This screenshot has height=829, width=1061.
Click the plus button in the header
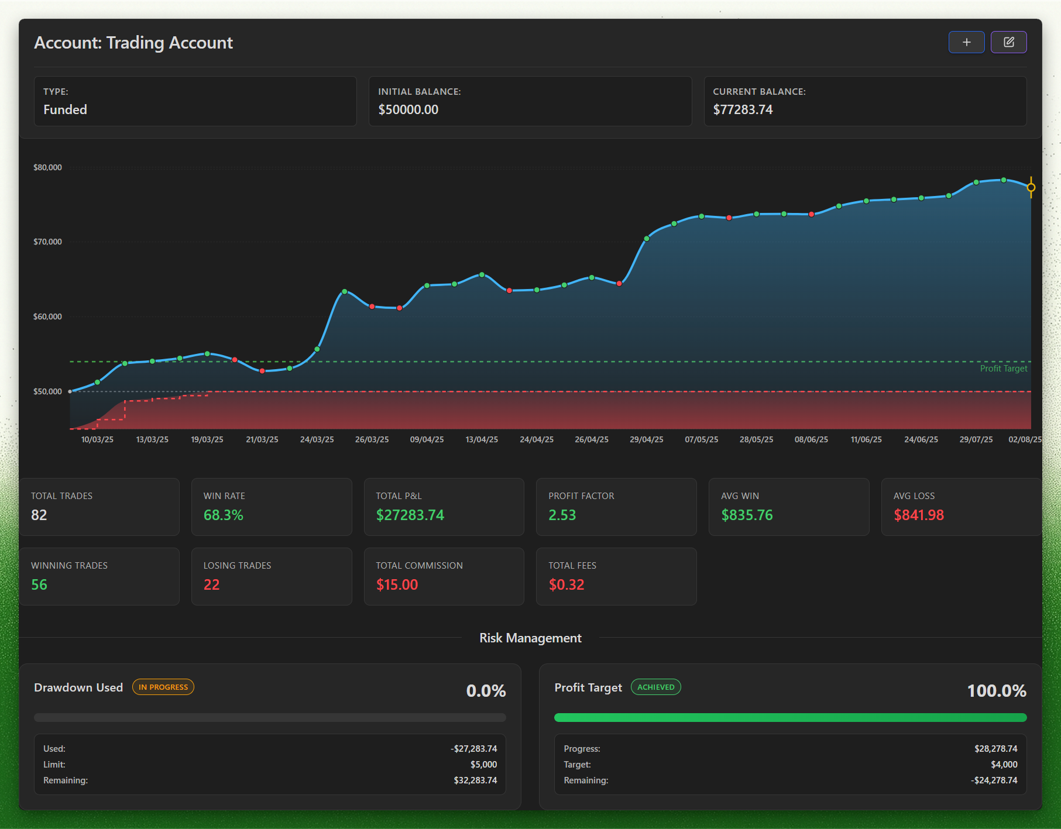pos(966,42)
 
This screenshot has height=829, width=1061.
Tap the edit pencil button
pos(1008,42)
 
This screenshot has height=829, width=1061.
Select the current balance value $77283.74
pos(743,109)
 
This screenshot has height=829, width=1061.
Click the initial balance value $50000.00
pos(408,109)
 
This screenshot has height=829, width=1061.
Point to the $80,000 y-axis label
pos(47,167)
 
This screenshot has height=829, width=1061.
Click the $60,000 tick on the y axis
pos(47,317)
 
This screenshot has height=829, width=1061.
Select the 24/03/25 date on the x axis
pos(317,439)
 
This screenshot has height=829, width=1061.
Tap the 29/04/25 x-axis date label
pos(647,439)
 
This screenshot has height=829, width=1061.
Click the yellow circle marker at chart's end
pos(1031,187)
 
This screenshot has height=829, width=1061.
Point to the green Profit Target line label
pos(1004,369)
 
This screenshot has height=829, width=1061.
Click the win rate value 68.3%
pos(223,515)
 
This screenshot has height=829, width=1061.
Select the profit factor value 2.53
pos(562,515)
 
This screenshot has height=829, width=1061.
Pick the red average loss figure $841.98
pos(919,515)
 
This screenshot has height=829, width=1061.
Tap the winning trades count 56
pos(39,584)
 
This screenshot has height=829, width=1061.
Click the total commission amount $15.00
pos(397,584)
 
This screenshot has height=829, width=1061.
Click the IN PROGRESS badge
pos(163,687)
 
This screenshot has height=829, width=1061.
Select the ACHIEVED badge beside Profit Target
pos(655,687)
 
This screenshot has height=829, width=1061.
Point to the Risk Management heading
pos(530,638)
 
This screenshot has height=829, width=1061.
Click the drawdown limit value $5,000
pos(483,765)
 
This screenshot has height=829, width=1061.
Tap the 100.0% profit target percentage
pos(997,691)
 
